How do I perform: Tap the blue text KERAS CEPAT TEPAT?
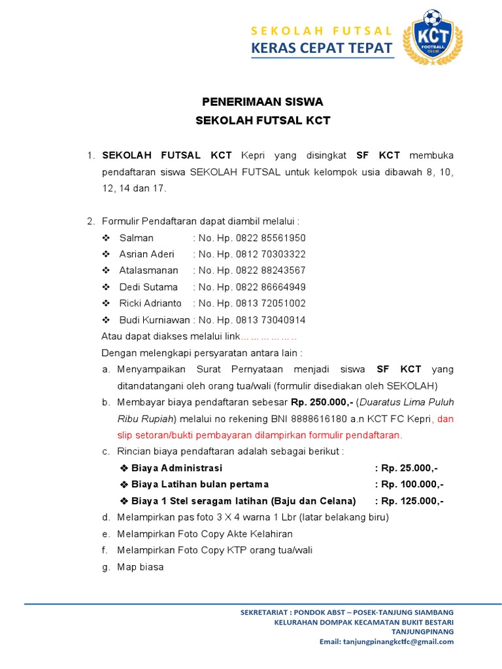[x=322, y=48]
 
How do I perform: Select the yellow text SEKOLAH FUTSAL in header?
[x=322, y=31]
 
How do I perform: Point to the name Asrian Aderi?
[x=146, y=254]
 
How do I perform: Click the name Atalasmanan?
[x=148, y=270]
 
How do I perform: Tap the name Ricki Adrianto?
[x=150, y=303]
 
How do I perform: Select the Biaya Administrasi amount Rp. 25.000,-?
[x=410, y=468]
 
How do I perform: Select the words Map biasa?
[x=140, y=567]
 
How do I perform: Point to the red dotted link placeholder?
[x=269, y=337]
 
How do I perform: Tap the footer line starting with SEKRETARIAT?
[x=346, y=612]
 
